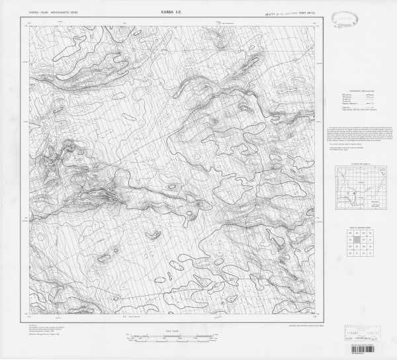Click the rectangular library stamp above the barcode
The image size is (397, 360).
click(x=365, y=334)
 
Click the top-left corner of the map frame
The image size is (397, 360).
click(x=29, y=26)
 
